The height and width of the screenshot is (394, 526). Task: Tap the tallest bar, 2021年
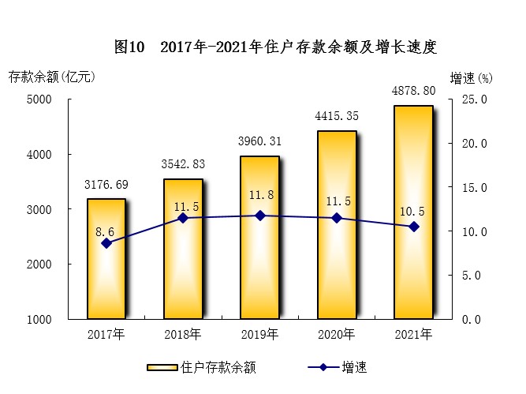pos(413,212)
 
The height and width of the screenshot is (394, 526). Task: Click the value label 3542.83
pos(183,164)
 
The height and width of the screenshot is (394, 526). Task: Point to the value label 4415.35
pos(337,116)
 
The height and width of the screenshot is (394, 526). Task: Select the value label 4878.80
pos(413,90)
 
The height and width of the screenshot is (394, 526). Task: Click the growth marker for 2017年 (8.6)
pos(106,243)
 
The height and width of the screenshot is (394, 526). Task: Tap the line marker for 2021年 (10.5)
pos(414,227)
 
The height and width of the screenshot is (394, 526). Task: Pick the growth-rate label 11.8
pos(260,196)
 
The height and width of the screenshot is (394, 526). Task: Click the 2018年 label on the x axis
pos(183,334)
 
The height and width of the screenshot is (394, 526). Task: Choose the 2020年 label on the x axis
pos(337,334)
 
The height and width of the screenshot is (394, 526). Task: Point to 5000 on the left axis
pos(39,99)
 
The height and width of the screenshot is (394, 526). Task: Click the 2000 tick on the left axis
pos(39,265)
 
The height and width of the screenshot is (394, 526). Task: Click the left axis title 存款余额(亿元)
pos(51,77)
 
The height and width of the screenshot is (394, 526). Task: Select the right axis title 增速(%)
pos(471,77)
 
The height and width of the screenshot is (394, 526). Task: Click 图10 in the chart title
pos(129,47)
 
